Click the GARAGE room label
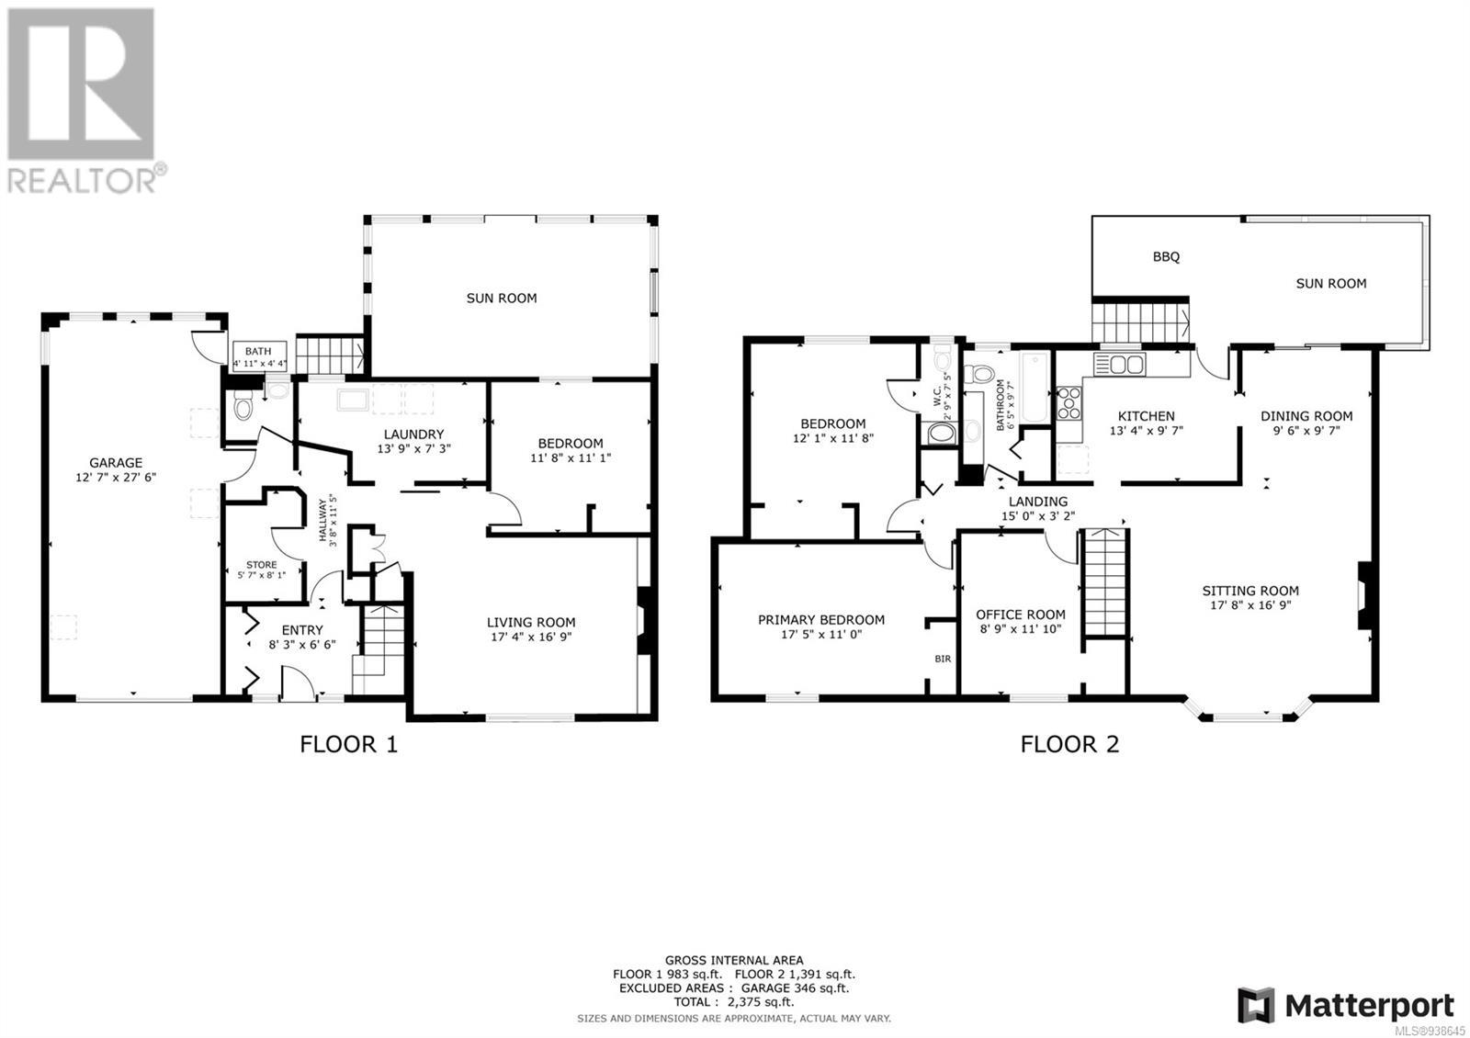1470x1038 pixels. click(116, 463)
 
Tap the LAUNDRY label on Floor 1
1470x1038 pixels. click(413, 434)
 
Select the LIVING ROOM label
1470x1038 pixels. click(531, 622)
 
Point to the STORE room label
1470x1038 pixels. click(261, 565)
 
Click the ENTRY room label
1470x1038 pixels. click(302, 630)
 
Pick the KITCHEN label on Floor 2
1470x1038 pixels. click(1146, 416)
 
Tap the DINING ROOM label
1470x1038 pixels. click(1306, 416)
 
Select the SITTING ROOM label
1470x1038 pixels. click(1250, 591)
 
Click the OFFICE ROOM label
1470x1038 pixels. click(1020, 615)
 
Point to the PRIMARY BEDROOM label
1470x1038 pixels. click(821, 620)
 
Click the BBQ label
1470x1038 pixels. click(1166, 257)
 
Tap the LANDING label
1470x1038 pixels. click(1038, 502)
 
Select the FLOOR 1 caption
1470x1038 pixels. click(348, 744)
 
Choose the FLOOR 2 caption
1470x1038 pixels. click(1069, 744)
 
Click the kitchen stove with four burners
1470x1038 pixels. click(1069, 403)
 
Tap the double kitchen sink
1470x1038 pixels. click(1119, 364)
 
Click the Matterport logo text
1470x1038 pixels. click(1369, 1006)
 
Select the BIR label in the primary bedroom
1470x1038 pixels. click(943, 659)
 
